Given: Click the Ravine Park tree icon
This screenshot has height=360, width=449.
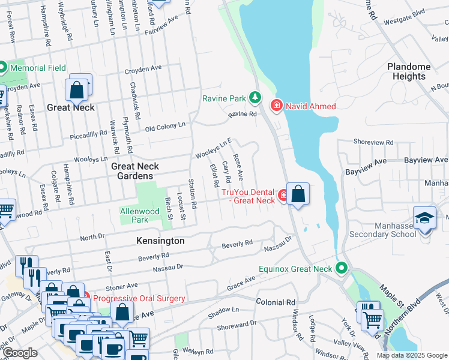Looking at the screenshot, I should click(x=256, y=97).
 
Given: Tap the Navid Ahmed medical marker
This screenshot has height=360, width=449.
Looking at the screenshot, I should click(x=276, y=106).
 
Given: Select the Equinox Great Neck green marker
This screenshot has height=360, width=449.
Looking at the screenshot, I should click(x=342, y=268).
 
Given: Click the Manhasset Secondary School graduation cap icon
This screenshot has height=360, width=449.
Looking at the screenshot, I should click(x=424, y=218).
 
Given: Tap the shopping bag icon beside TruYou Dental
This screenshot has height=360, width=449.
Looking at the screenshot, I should click(x=298, y=194).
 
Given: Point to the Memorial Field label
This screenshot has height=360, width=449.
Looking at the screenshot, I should click(x=38, y=68).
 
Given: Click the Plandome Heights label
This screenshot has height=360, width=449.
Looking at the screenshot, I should click(x=409, y=71).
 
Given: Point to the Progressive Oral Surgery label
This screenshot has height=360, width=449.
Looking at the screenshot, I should click(x=139, y=298).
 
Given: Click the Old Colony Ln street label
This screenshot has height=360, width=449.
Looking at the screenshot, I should click(x=166, y=127).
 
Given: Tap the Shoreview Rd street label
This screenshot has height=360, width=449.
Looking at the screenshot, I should click(x=373, y=143).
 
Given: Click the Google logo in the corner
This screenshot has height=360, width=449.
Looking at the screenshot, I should click(x=20, y=353).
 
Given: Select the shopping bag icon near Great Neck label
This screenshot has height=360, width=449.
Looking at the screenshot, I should click(x=77, y=91).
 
